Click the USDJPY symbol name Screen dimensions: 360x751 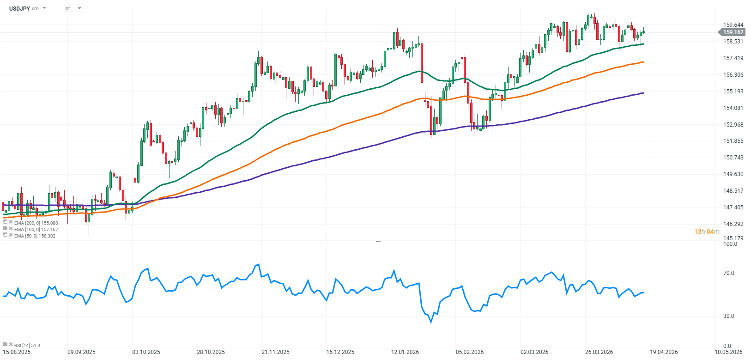point(19,8)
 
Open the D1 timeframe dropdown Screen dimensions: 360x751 point(73,8)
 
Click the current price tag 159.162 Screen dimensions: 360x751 point(733,32)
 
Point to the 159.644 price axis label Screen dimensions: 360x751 point(733,25)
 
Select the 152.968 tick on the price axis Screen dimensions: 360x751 point(733,125)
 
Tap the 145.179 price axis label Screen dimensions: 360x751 point(733,238)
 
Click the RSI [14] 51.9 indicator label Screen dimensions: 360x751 point(27,345)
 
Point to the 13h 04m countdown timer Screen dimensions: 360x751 point(707,232)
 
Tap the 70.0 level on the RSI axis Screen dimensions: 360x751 point(728,273)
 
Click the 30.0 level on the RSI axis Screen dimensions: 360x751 point(728,316)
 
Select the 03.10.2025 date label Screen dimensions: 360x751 point(146,352)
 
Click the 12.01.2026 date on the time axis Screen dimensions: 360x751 point(405,352)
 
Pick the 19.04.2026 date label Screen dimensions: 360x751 point(664,352)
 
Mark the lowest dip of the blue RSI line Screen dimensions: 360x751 point(431,322)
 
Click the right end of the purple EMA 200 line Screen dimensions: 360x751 point(643,93)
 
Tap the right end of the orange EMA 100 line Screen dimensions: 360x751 point(643,62)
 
